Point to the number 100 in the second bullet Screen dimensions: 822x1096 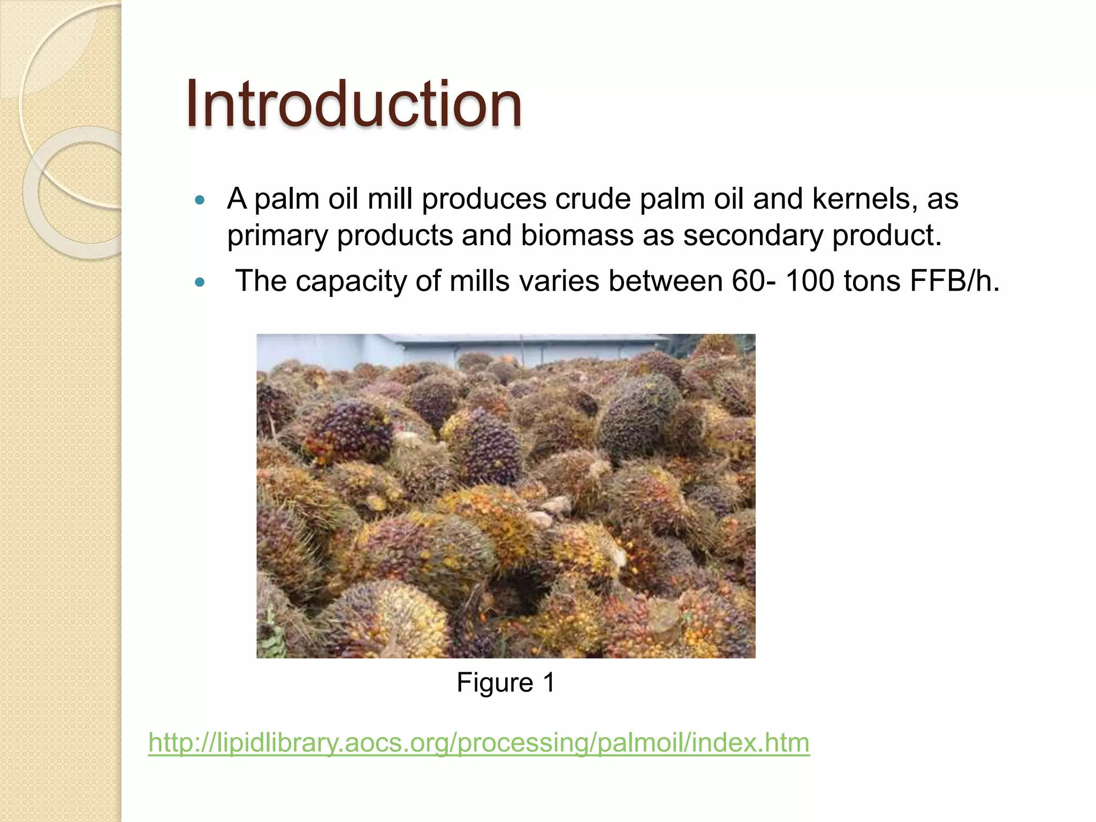(809, 280)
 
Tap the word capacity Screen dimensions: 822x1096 (351, 281)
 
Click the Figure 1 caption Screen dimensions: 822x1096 (506, 682)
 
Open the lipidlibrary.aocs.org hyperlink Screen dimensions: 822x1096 (479, 743)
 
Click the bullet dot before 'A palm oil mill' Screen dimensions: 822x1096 (200, 201)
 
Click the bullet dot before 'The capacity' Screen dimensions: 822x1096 (200, 282)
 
